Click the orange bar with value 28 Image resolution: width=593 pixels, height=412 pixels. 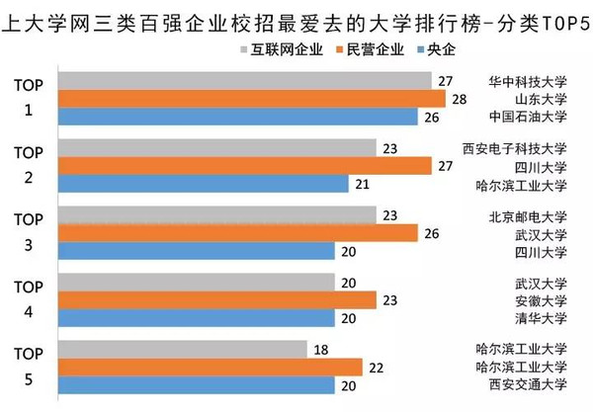click(251, 99)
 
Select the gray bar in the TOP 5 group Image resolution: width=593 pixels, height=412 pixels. click(183, 349)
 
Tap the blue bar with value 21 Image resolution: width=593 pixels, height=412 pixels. click(203, 184)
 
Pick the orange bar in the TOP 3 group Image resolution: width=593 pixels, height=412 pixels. click(237, 233)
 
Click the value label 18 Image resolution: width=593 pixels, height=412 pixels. click(322, 349)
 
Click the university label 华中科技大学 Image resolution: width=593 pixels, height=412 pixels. click(528, 81)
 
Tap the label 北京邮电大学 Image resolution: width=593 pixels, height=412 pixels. click(528, 216)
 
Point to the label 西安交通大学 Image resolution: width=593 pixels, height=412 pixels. click(528, 385)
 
